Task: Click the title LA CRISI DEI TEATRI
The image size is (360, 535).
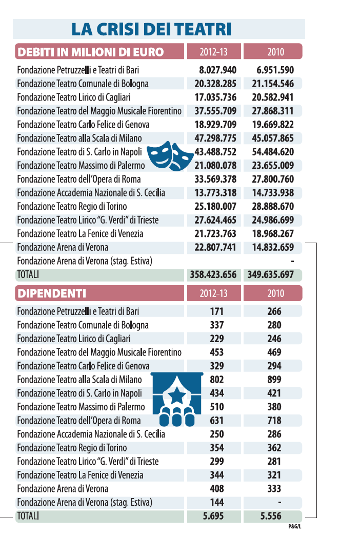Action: (x=151, y=29)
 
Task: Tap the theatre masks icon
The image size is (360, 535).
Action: (x=170, y=156)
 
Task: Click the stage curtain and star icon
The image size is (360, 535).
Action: (x=177, y=399)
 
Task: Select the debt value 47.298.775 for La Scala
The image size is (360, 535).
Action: (x=215, y=138)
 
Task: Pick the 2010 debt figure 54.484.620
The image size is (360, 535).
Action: (x=273, y=152)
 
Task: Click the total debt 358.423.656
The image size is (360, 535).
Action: (x=213, y=274)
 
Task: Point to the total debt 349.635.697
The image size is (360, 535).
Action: (x=271, y=274)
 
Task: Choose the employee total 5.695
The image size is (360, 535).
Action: (x=213, y=516)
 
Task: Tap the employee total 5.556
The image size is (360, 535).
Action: (x=271, y=516)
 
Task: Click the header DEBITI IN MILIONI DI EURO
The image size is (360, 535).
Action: (x=91, y=52)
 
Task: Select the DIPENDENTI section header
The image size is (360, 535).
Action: (x=52, y=293)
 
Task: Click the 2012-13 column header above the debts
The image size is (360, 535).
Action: (x=214, y=52)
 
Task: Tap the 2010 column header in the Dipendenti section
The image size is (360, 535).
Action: (x=276, y=293)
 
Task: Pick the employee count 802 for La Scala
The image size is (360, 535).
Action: (x=217, y=380)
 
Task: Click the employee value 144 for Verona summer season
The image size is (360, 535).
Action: (x=217, y=502)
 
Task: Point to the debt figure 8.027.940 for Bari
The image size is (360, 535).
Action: (x=218, y=70)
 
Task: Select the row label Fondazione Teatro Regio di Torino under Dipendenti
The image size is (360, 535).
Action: (x=72, y=448)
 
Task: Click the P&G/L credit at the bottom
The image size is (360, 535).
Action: (x=295, y=526)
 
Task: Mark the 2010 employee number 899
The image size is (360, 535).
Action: (x=274, y=380)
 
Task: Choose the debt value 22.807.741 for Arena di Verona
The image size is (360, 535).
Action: (x=215, y=247)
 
